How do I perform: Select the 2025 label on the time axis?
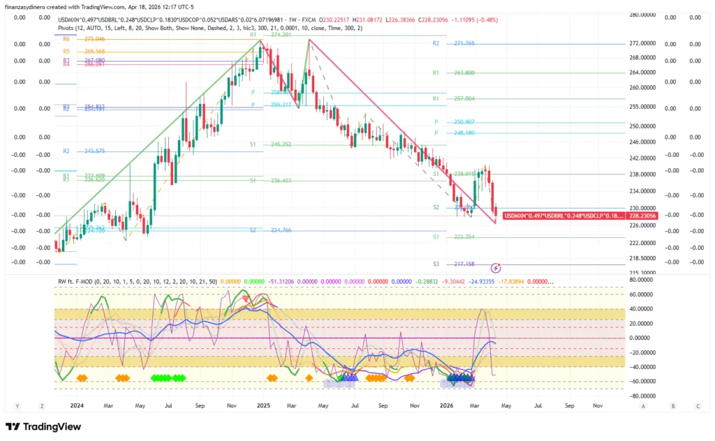click(x=263, y=405)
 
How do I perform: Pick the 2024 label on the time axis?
click(x=77, y=405)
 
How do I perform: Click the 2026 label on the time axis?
click(x=447, y=405)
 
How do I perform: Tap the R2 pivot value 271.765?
click(x=464, y=43)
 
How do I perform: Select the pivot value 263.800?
click(x=464, y=73)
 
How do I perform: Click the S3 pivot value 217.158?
click(x=464, y=264)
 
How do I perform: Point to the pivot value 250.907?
click(x=464, y=122)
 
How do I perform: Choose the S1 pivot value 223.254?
click(x=464, y=237)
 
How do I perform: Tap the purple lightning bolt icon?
click(x=496, y=267)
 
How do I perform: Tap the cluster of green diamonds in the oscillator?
click(x=169, y=378)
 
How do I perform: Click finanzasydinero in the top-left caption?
click(x=26, y=6)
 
